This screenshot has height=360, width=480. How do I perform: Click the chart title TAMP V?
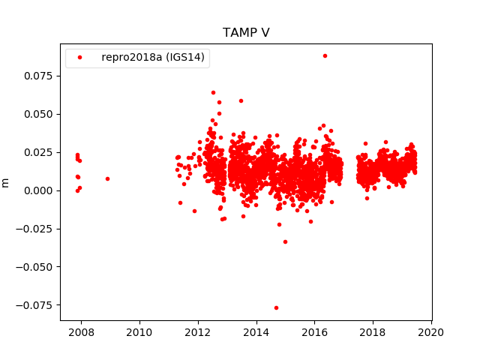pos(246,33)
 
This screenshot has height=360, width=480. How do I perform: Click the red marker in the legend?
pos(79,58)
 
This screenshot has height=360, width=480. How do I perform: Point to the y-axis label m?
pos(6,182)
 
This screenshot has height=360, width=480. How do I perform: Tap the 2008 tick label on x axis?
pos(81,332)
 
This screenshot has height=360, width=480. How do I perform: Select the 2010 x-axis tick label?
pos(139,332)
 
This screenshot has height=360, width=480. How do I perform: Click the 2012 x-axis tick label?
pos(198,332)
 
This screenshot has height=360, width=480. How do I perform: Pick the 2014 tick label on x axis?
pos(256,332)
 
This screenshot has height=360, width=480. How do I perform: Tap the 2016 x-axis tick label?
pos(315,332)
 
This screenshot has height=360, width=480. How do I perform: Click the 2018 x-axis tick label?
pos(373,332)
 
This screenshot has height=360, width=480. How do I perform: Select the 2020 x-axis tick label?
pos(431,332)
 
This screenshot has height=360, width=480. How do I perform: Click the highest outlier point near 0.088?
pos(325,55)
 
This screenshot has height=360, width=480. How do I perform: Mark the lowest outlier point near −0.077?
pos(276,307)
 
